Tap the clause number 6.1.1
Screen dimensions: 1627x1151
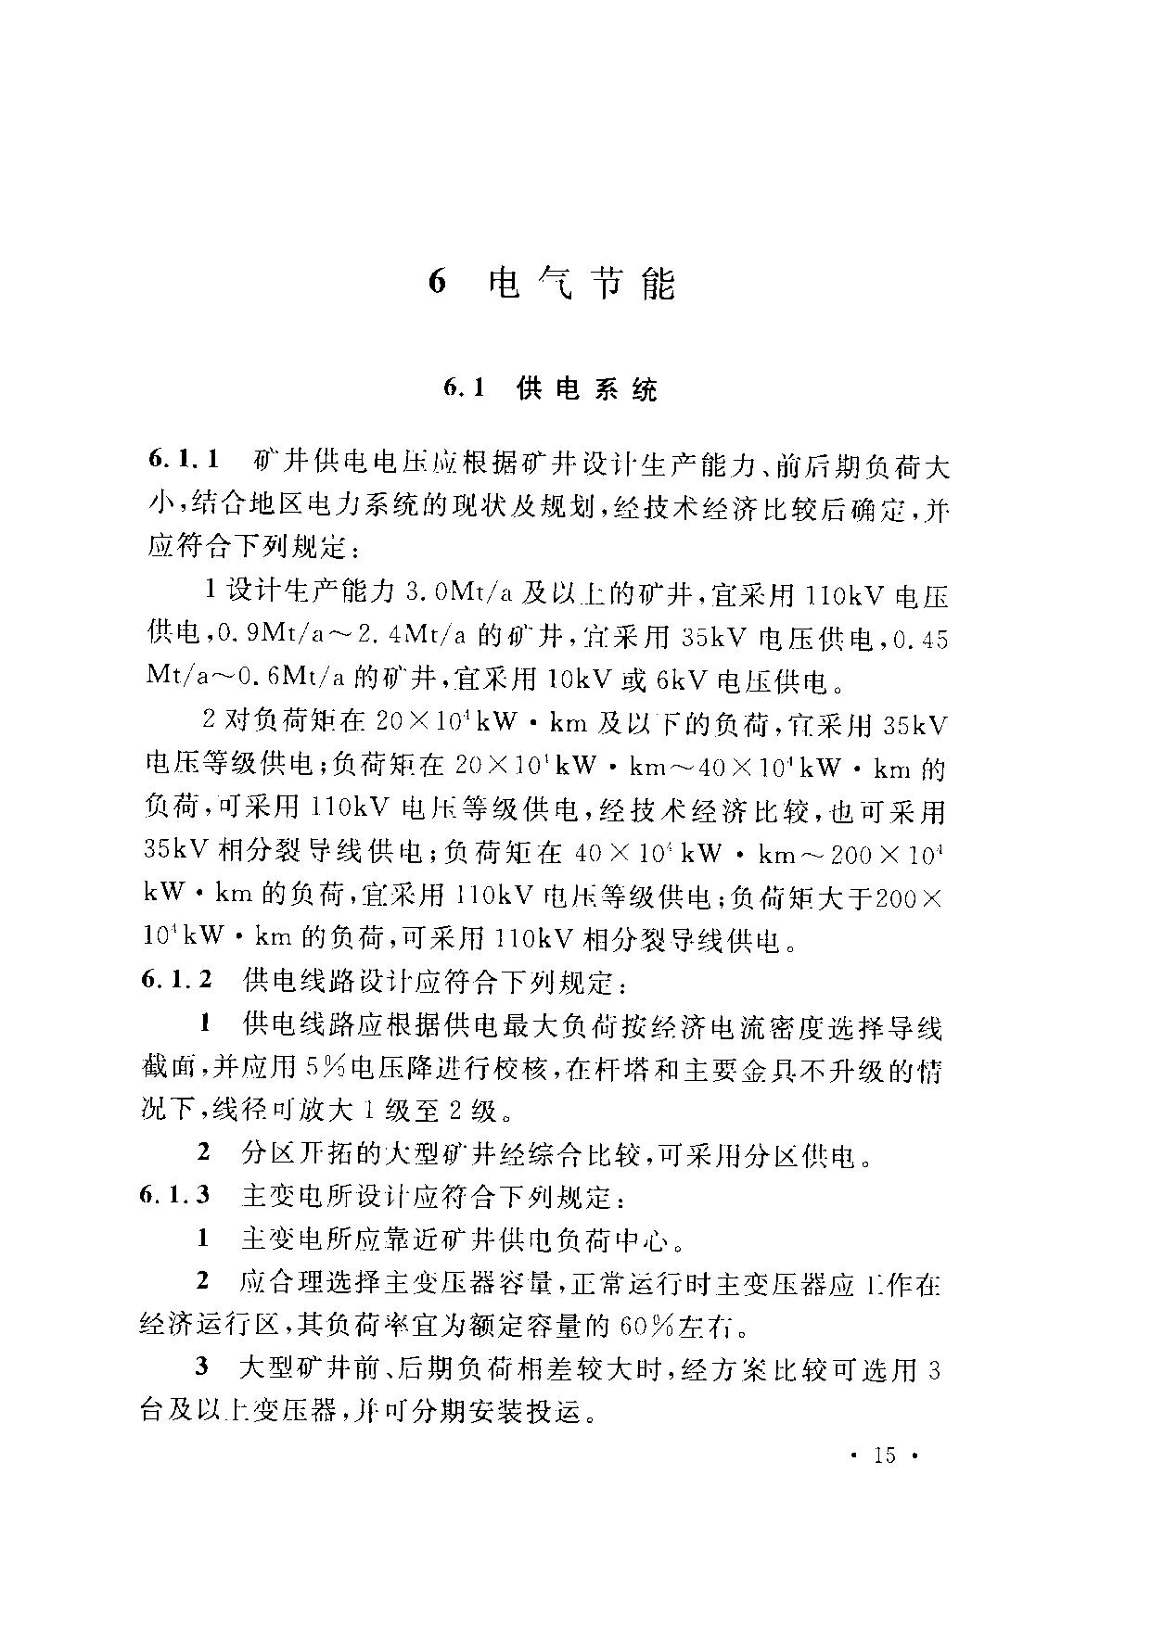(185, 461)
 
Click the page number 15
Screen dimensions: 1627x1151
(885, 1455)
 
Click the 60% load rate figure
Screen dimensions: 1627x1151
(645, 1327)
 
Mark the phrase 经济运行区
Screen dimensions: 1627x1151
(211, 1327)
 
